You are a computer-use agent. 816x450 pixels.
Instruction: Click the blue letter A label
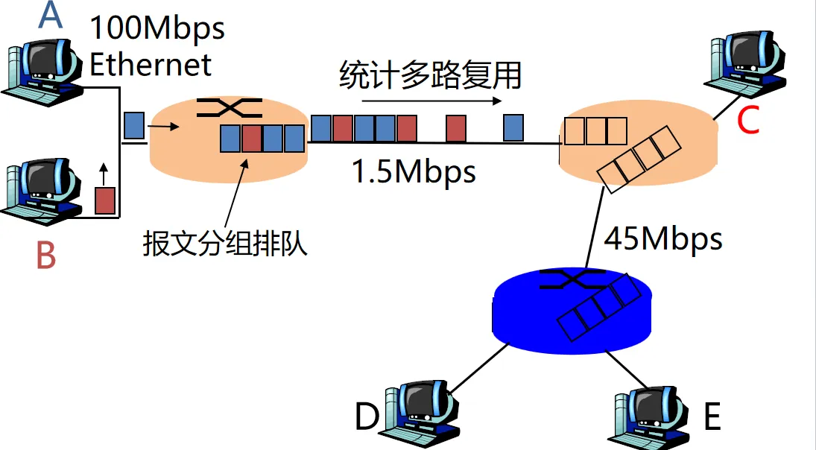50,16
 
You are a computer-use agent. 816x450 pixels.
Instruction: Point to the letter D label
367,417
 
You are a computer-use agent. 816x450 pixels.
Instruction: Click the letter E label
712,417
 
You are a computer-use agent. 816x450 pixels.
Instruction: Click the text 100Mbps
157,28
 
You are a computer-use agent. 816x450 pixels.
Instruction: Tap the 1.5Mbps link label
414,172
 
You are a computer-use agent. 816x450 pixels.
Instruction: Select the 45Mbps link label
662,239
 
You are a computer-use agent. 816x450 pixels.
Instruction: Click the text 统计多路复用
430,76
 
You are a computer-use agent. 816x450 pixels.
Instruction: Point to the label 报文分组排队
225,244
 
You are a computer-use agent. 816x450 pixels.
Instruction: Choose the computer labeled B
42,190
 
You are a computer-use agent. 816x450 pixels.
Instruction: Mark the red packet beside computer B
105,200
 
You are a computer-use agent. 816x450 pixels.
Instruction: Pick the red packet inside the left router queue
252,138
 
